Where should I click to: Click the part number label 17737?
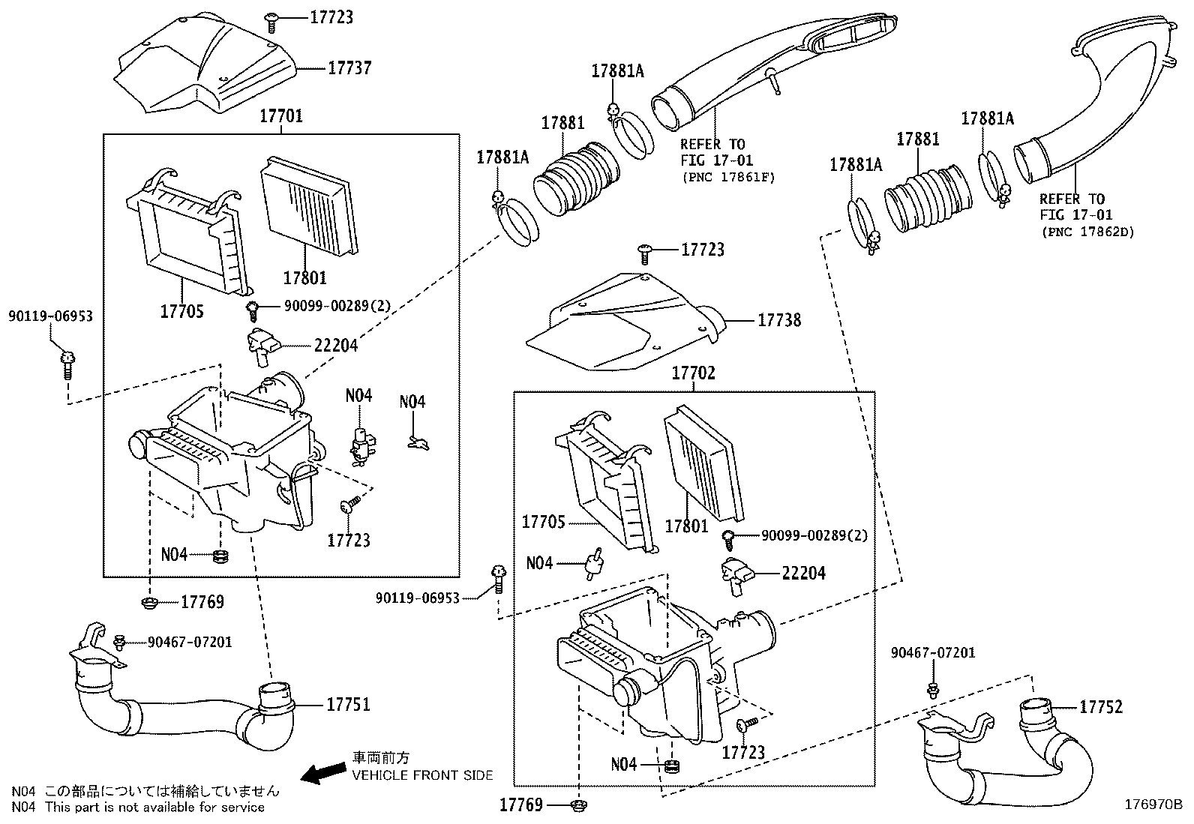tap(349, 67)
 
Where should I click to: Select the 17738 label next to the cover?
tap(779, 320)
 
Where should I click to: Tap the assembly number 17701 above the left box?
tap(280, 116)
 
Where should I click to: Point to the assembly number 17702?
tap(693, 373)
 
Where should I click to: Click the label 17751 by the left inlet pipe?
tap(348, 705)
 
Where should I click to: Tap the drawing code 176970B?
tap(1153, 806)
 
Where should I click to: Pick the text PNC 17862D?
tap(1087, 232)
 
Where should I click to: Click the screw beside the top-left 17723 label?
tap(271, 22)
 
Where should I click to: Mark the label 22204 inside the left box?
tap(335, 346)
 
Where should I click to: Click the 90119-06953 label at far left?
tap(50, 316)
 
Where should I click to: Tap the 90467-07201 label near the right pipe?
tap(933, 653)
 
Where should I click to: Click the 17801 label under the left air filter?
tap(304, 277)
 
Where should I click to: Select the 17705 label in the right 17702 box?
tap(543, 522)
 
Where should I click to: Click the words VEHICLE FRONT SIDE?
tap(422, 775)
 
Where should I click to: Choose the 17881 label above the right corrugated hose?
tap(917, 139)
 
